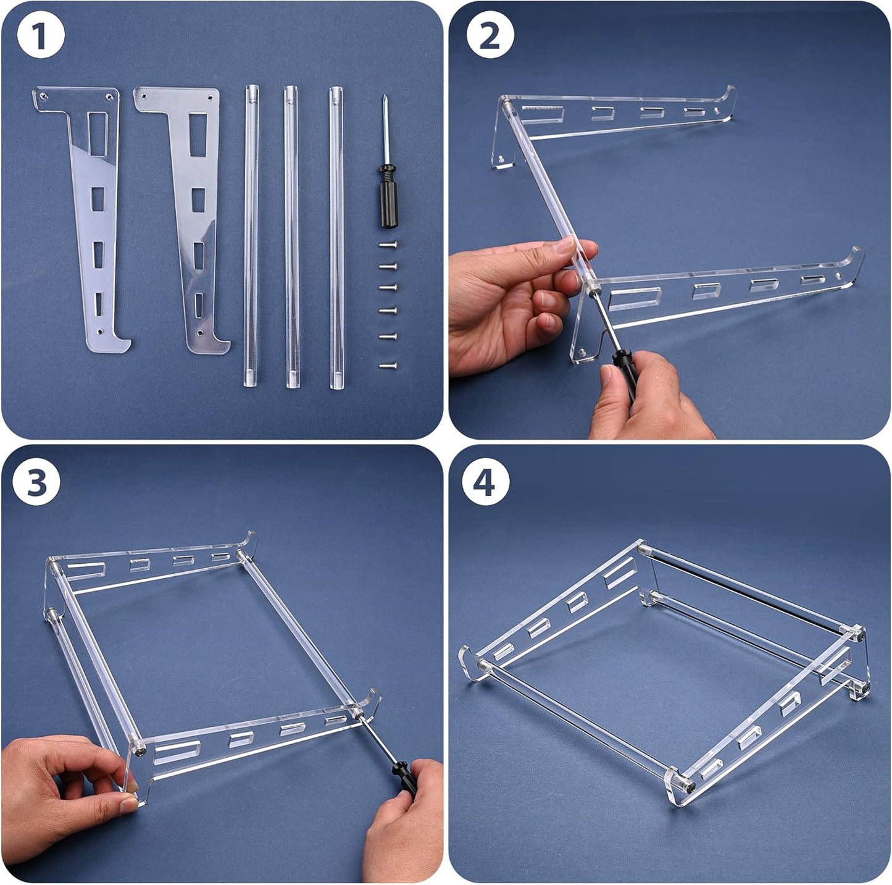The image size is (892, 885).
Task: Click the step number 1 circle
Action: click(x=40, y=36)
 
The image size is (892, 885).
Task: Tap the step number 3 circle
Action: click(x=37, y=482)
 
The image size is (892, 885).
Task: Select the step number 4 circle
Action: click(x=486, y=482)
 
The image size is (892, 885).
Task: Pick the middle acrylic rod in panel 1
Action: click(x=291, y=238)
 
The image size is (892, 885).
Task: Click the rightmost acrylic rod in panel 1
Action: click(x=336, y=238)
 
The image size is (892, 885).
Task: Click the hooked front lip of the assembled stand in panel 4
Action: click(x=472, y=663)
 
